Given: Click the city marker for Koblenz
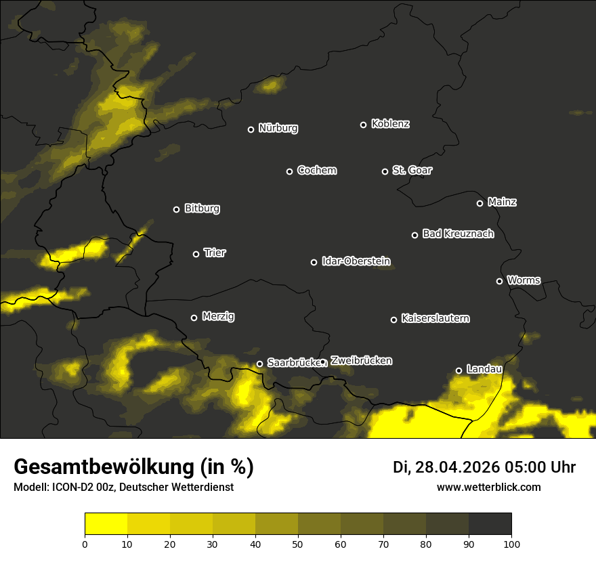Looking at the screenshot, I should [363, 125].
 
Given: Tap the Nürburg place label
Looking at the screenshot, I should [278, 129].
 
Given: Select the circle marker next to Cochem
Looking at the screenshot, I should [289, 171].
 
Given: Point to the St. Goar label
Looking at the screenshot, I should [412, 171].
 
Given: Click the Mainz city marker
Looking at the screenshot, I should [480, 203].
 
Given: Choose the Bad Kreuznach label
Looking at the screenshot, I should [458, 234].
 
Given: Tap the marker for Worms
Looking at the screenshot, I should [499, 281].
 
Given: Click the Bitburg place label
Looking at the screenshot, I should [202, 209].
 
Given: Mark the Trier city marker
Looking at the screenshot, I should [196, 254].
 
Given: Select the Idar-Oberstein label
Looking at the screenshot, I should [356, 261].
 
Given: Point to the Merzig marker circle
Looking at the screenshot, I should [194, 318].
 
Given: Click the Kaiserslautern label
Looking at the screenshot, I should [435, 318].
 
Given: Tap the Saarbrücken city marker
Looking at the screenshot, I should [259, 364].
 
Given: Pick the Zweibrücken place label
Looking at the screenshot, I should [361, 361].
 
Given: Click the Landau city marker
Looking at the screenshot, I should [459, 370].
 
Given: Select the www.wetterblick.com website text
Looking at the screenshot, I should [488, 487].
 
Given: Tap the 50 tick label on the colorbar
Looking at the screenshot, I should [298, 544].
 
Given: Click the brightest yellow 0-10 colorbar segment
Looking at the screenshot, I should [106, 524].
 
